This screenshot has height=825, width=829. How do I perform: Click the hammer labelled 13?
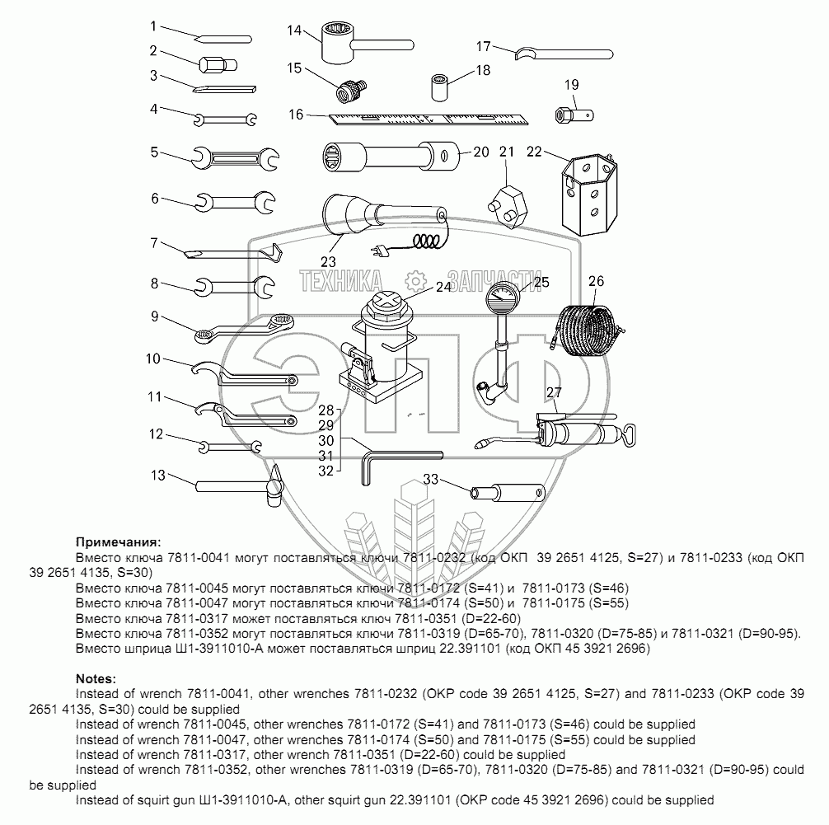[x=239, y=486]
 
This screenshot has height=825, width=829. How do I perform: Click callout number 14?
[x=294, y=31]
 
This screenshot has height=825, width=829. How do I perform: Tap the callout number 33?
[x=429, y=479]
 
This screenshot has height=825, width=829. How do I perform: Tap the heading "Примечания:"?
[x=116, y=541]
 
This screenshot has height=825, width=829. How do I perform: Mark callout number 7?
[x=153, y=243]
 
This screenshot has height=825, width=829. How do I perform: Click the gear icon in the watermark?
[x=415, y=280]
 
